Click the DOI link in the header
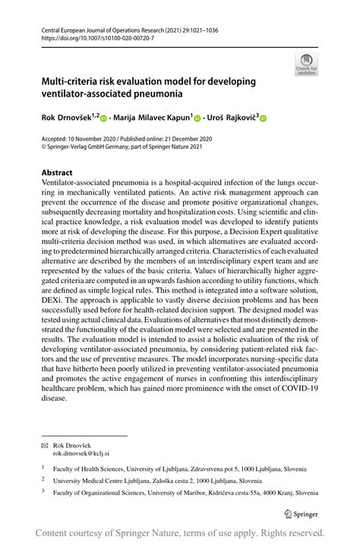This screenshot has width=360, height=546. point(93,36)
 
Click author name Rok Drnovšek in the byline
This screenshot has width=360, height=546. point(66,117)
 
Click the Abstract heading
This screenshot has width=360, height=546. point(57,172)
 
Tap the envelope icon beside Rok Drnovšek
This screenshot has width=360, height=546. point(45,443)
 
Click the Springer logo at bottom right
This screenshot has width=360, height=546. point(301,514)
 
